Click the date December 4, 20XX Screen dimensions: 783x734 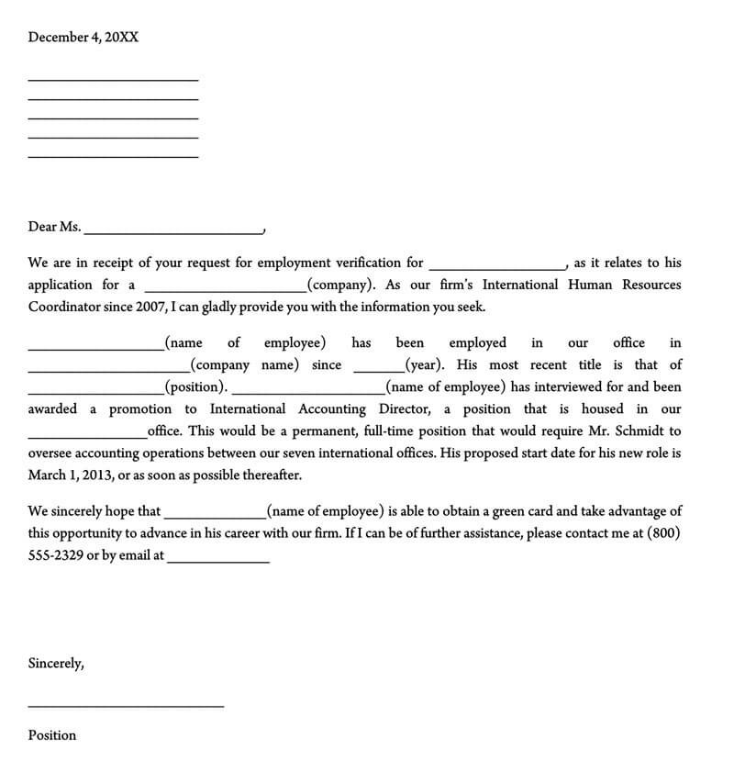pyautogui.click(x=83, y=38)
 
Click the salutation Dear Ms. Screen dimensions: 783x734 pyautogui.click(x=54, y=227)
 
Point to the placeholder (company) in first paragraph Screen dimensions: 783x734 pyautogui.click(x=341, y=285)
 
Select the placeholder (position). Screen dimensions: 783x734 pyautogui.click(x=195, y=387)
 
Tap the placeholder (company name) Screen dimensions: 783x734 pyautogui.click(x=247, y=364)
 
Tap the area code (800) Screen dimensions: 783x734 pyautogui.click(x=664, y=532)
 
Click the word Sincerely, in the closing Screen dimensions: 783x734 pyautogui.click(x=56, y=663)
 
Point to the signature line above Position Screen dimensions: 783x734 pyautogui.click(x=126, y=705)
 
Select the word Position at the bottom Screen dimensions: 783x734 pyautogui.click(x=52, y=735)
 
